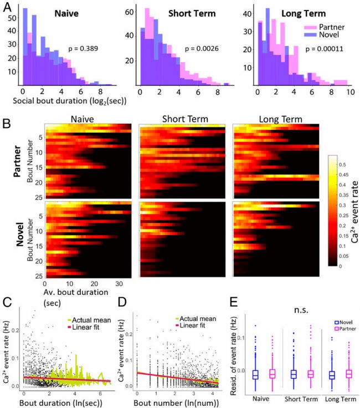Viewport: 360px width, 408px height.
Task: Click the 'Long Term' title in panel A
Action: [x=296, y=13]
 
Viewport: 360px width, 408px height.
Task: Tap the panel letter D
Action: [x=122, y=304]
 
